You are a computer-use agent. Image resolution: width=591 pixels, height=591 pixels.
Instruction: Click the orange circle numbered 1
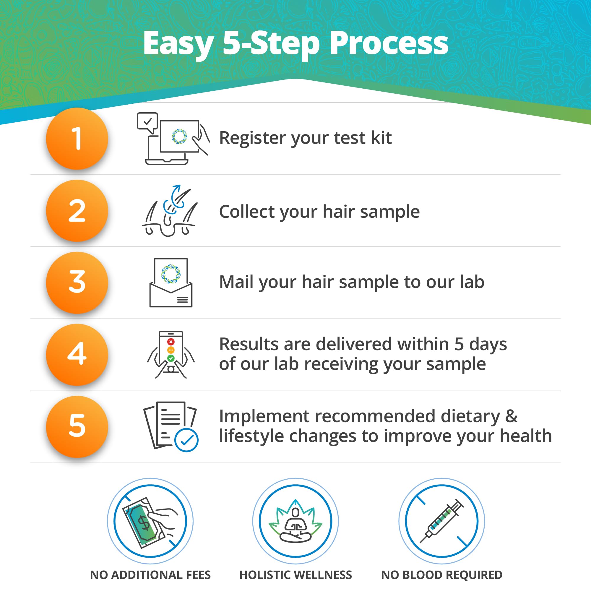click(77, 139)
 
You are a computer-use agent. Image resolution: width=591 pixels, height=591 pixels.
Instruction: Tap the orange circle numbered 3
click(77, 283)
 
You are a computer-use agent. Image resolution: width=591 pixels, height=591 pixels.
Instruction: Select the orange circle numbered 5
click(77, 427)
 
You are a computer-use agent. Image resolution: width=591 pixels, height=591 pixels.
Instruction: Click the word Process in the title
click(389, 43)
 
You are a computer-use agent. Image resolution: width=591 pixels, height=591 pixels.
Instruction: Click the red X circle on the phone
click(171, 342)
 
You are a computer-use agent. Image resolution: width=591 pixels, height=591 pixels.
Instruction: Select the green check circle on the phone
click(171, 358)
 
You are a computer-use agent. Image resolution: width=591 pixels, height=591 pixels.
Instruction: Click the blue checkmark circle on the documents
click(186, 440)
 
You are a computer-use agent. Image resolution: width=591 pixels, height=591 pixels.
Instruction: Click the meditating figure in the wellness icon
click(295, 525)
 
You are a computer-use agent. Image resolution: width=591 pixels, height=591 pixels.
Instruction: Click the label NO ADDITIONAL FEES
click(150, 575)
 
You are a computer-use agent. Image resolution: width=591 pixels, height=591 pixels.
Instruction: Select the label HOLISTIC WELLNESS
click(295, 575)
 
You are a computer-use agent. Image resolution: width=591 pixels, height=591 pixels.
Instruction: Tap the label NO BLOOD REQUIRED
click(441, 575)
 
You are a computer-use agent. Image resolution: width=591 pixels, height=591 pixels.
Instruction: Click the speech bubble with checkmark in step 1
click(147, 122)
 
